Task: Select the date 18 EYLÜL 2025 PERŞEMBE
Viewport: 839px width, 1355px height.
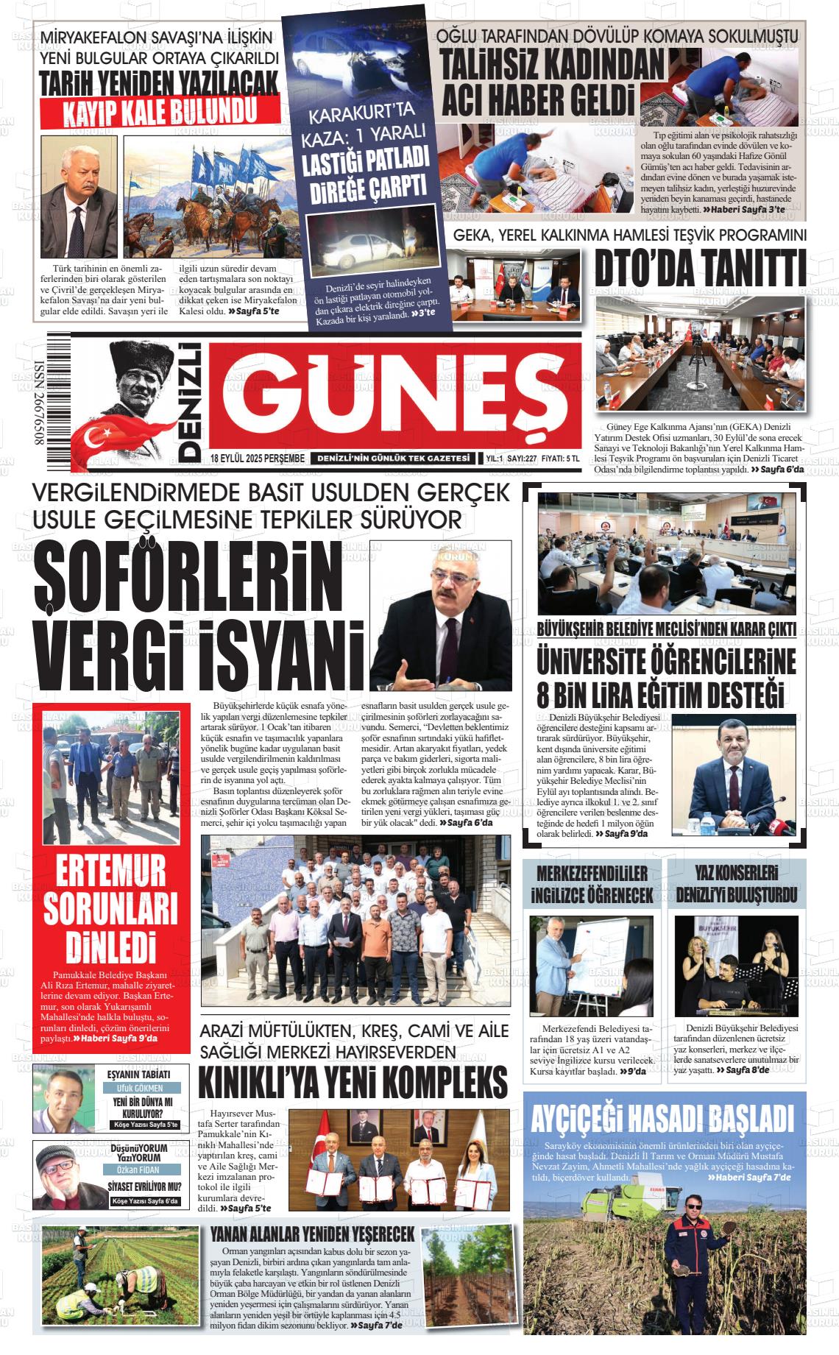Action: [257, 459]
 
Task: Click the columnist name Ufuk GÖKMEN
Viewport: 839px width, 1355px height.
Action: [139, 1087]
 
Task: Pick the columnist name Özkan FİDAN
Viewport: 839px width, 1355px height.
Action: [139, 1170]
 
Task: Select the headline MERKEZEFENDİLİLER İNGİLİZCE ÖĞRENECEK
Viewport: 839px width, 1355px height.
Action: [592, 884]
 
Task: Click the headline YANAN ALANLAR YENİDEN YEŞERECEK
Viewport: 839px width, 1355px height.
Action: [312, 1233]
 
